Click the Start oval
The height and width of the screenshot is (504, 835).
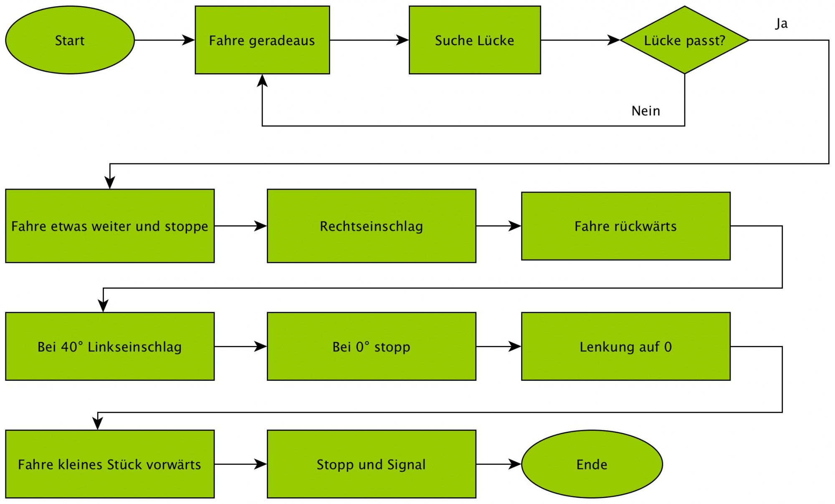click(x=70, y=40)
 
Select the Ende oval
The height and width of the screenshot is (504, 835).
click(x=592, y=464)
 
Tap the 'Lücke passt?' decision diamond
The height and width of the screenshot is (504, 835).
click(x=684, y=40)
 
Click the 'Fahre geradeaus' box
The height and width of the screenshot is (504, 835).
click(x=262, y=40)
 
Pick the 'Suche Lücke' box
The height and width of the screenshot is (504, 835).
click(x=475, y=40)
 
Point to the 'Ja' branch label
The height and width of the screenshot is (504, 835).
click(x=782, y=23)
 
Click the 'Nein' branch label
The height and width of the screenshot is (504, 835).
click(x=646, y=111)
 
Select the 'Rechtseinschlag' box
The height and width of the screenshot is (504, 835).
click(x=371, y=226)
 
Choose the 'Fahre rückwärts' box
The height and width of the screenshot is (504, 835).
click(x=625, y=226)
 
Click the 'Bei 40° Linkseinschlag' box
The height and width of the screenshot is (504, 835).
click(x=110, y=346)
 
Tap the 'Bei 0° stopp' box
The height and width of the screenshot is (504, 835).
click(x=371, y=346)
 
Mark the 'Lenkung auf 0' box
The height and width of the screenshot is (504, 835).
click(x=625, y=346)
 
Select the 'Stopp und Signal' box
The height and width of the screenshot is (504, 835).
click(x=371, y=464)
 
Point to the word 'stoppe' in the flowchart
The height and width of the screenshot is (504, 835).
click(x=186, y=227)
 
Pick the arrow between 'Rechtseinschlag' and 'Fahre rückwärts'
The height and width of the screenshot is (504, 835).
click(x=498, y=226)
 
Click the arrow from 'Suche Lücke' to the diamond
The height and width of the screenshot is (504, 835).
click(x=580, y=40)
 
